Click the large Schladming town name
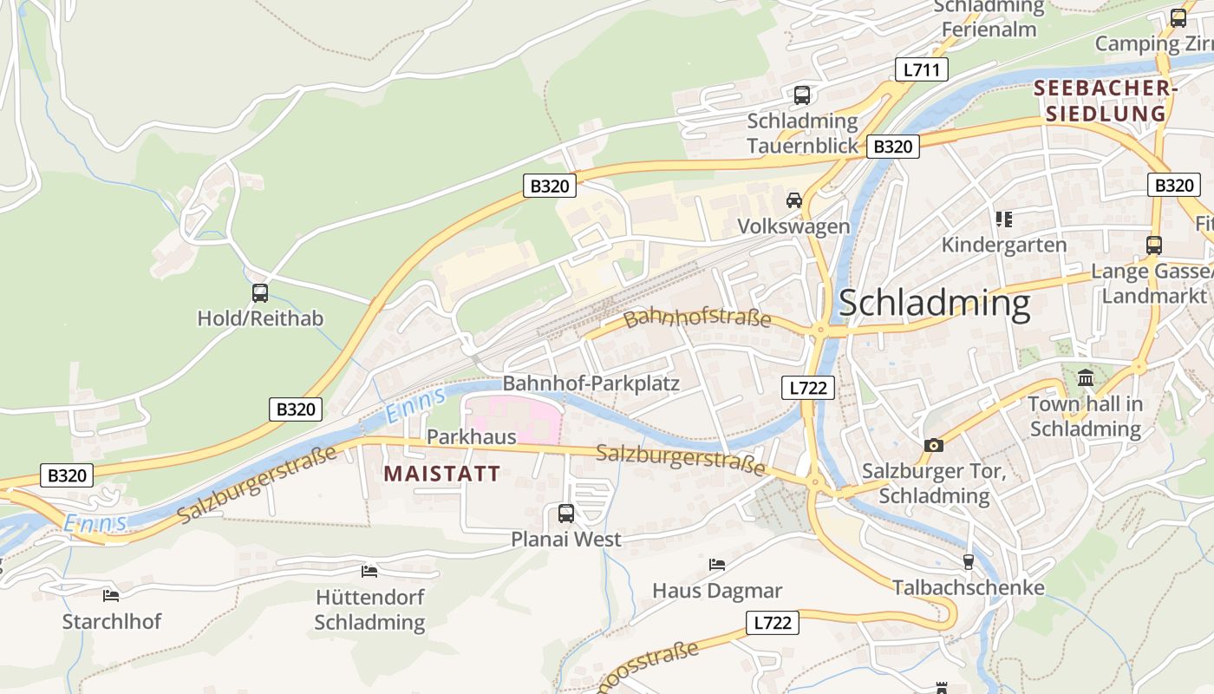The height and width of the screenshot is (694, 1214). click(x=934, y=304)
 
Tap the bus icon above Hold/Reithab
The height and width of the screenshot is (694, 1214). click(x=260, y=293)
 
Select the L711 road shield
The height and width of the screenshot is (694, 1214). click(x=921, y=70)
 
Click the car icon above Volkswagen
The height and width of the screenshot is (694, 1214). click(x=793, y=200)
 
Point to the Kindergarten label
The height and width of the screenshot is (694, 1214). click(x=1003, y=245)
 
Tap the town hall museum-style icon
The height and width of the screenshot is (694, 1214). click(x=1085, y=378)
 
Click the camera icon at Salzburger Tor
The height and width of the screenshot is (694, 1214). click(x=933, y=445)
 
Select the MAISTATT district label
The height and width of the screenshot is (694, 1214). click(x=441, y=474)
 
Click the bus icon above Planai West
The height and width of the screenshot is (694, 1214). click(x=565, y=514)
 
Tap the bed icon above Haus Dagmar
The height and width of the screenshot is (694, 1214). click(x=717, y=565)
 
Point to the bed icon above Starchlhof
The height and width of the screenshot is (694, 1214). click(x=111, y=595)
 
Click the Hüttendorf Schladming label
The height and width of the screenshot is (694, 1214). click(x=369, y=611)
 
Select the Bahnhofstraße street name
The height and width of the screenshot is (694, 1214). click(x=697, y=318)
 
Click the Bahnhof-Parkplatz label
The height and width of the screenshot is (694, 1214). click(x=591, y=383)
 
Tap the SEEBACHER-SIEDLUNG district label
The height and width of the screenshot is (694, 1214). click(x=1106, y=101)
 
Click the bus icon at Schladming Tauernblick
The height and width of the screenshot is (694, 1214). click(x=801, y=95)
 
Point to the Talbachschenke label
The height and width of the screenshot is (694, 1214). click(x=968, y=588)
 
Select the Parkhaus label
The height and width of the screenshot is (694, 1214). click(x=471, y=436)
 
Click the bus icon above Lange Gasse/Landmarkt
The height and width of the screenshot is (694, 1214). click(x=1154, y=246)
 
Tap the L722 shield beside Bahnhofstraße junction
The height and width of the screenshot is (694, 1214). click(x=808, y=388)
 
